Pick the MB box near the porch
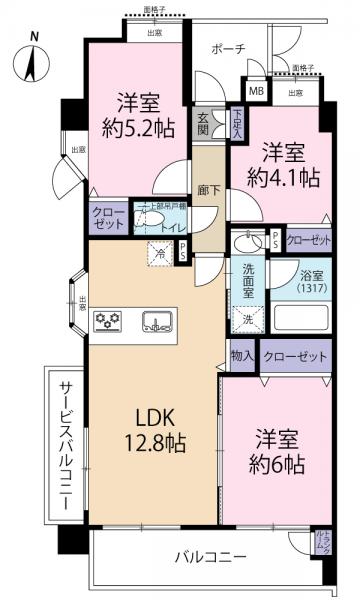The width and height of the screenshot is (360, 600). pyautogui.click(x=257, y=93)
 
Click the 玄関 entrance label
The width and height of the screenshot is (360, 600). pyautogui.click(x=204, y=123)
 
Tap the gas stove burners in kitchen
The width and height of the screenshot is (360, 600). pyautogui.click(x=107, y=322)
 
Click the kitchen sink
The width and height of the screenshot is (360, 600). pyautogui.click(x=159, y=321)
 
